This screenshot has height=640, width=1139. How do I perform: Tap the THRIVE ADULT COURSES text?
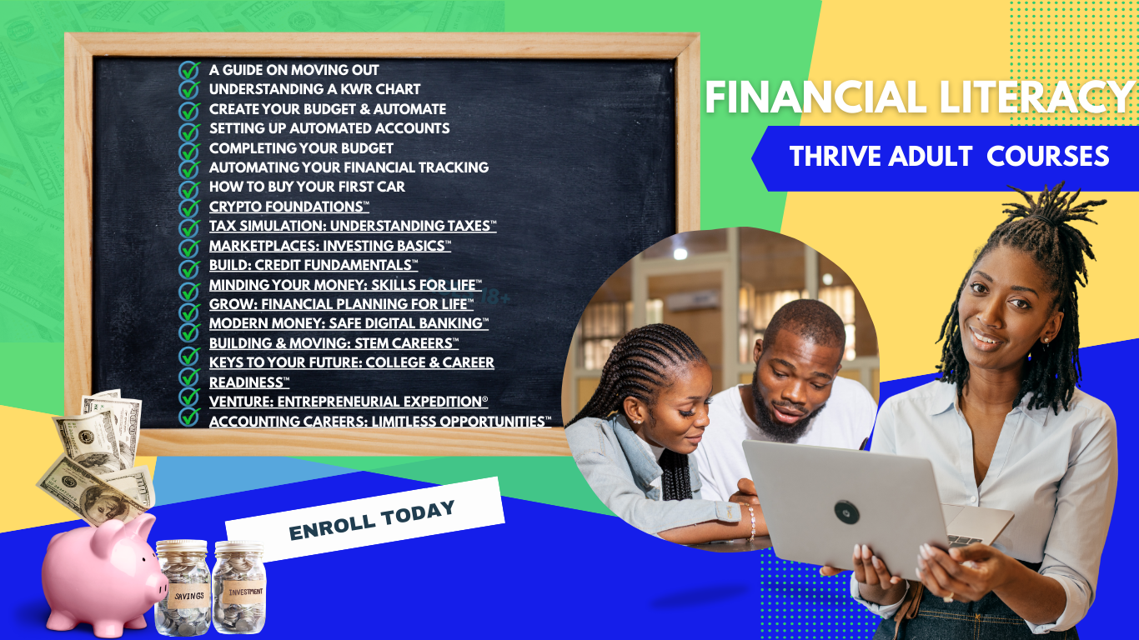949,156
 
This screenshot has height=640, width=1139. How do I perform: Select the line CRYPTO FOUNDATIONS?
289,207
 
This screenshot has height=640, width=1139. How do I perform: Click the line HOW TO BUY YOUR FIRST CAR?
307,187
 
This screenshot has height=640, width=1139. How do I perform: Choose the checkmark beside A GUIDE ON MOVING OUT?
189,70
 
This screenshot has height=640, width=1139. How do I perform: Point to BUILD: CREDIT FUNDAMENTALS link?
313,265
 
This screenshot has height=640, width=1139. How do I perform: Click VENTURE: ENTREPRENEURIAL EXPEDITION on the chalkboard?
348,402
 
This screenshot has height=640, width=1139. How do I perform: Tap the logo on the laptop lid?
846,512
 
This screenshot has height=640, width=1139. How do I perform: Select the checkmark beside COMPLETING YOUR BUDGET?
189,148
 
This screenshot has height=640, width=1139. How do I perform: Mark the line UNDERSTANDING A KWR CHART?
314,89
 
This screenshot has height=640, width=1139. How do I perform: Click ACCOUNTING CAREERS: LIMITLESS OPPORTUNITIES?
379,422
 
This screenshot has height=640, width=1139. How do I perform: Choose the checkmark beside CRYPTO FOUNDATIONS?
189,207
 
